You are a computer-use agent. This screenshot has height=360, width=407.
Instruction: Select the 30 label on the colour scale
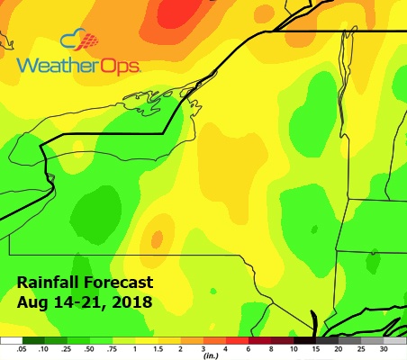pyautogui.click(x=384, y=348)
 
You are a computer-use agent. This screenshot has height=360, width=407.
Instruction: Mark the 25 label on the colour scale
pyautogui.click(x=361, y=348)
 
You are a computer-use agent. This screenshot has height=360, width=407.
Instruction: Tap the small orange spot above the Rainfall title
pyautogui.click(x=158, y=238)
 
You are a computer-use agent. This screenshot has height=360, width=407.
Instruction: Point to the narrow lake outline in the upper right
pyautogui.click(x=341, y=76)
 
